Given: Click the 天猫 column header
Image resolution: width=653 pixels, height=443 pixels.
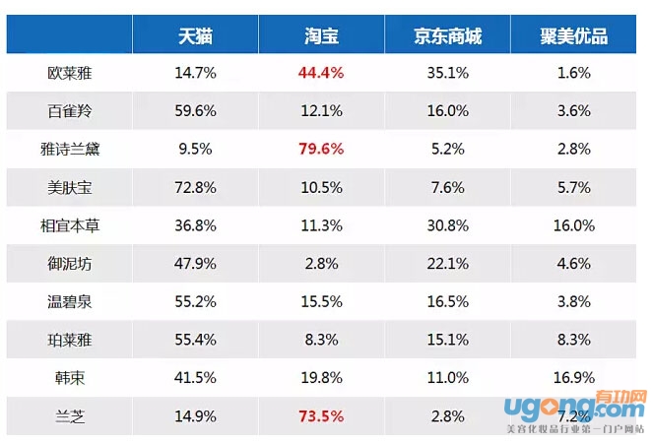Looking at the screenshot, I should [195, 36].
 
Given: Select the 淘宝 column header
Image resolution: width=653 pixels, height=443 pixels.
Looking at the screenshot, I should [321, 36].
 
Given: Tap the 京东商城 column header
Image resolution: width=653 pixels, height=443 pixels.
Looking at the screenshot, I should [448, 36].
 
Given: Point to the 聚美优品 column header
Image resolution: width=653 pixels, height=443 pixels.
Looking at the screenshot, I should [574, 36].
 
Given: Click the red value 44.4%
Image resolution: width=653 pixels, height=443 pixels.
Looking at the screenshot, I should [321, 73].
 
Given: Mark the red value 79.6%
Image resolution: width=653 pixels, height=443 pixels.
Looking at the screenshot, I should [321, 149].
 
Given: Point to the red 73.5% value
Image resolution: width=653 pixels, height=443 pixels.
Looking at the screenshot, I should [321, 415].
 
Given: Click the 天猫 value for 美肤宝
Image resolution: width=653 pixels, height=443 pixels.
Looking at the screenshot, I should [195, 187].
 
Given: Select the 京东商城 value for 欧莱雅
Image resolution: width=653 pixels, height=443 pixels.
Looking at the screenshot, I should [448, 73].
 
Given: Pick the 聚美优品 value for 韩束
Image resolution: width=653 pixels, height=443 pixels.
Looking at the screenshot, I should [574, 377].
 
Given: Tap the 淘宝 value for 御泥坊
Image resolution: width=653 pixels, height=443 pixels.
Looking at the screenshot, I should [321, 263].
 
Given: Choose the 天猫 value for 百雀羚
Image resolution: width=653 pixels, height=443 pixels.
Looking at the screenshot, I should [195, 110].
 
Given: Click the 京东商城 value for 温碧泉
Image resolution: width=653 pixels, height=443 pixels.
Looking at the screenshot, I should [448, 301].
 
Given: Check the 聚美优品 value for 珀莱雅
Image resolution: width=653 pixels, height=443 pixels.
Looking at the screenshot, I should [574, 340].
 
